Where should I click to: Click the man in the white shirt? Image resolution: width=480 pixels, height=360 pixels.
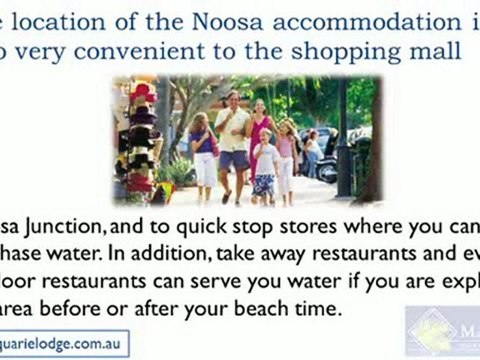click(x=234, y=140)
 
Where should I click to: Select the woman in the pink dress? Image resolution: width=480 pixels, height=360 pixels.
click(x=263, y=140)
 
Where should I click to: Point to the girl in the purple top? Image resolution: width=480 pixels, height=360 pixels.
click(x=205, y=150)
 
